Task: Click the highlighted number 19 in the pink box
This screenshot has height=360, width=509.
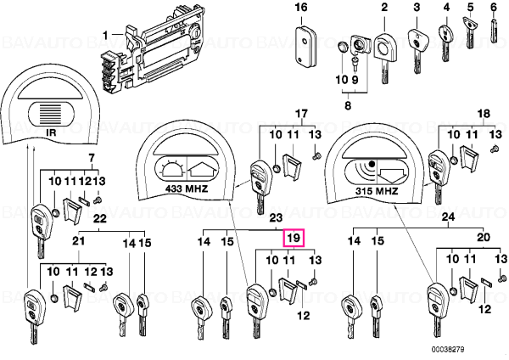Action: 294,238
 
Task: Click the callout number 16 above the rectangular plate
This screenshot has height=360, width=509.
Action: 301,7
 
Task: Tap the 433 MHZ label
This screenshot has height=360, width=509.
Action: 187,188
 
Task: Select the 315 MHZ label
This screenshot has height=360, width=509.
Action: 376,191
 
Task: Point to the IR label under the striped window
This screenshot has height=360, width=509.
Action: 51,132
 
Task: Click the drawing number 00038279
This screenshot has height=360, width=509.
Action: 448,350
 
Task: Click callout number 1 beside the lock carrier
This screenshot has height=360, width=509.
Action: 105,35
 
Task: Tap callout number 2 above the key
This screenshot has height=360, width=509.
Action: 384,7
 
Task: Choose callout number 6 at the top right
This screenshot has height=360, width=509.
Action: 494,7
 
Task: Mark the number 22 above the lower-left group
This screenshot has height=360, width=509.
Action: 99,218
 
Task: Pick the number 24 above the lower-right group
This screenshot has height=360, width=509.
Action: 449,217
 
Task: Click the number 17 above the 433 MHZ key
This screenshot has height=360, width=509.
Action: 301,114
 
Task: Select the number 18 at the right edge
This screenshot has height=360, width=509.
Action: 484,114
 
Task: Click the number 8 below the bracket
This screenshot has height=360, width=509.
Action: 348,105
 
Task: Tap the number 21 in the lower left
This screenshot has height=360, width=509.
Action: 78,241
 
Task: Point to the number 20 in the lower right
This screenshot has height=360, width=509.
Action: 483,237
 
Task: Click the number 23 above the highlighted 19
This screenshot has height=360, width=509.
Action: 276,217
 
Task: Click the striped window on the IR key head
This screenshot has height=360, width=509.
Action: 52,114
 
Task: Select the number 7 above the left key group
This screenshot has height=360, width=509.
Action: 92,158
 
